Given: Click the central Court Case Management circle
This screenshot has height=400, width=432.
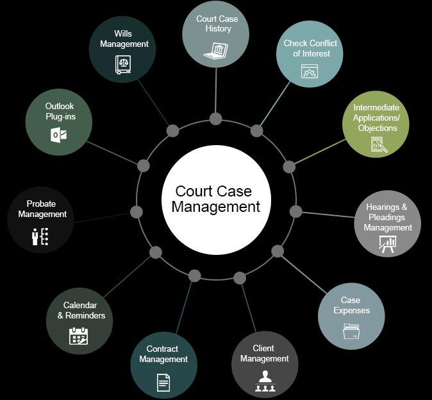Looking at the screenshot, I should [x=216, y=198].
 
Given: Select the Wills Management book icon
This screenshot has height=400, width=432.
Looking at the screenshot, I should [x=123, y=65].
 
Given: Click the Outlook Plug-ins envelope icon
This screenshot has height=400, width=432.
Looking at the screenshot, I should [x=59, y=135].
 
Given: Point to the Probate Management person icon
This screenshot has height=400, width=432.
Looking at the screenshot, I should [x=40, y=236].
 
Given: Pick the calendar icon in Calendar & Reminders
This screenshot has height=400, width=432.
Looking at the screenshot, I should [x=79, y=336].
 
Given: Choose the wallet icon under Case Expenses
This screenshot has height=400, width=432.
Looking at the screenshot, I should [x=351, y=332].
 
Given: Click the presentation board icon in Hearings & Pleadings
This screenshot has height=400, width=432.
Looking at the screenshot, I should [x=388, y=244].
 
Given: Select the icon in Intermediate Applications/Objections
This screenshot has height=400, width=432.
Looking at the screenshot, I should [x=379, y=144].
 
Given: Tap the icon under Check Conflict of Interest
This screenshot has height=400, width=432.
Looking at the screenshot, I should [x=310, y=71].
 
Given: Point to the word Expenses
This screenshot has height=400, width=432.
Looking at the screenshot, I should [x=351, y=311].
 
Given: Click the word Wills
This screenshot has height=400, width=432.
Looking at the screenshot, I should [x=124, y=33].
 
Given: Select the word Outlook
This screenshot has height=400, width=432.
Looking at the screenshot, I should [x=60, y=106].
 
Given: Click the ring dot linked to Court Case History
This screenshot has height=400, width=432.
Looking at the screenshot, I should [x=216, y=119].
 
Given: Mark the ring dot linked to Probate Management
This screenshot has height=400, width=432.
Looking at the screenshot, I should [x=136, y=212].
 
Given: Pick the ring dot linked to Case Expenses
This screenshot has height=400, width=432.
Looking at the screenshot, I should [x=277, y=251].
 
